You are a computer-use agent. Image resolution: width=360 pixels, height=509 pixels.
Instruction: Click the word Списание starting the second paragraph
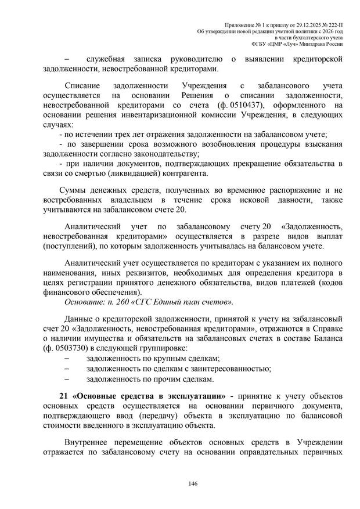click(84, 85)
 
